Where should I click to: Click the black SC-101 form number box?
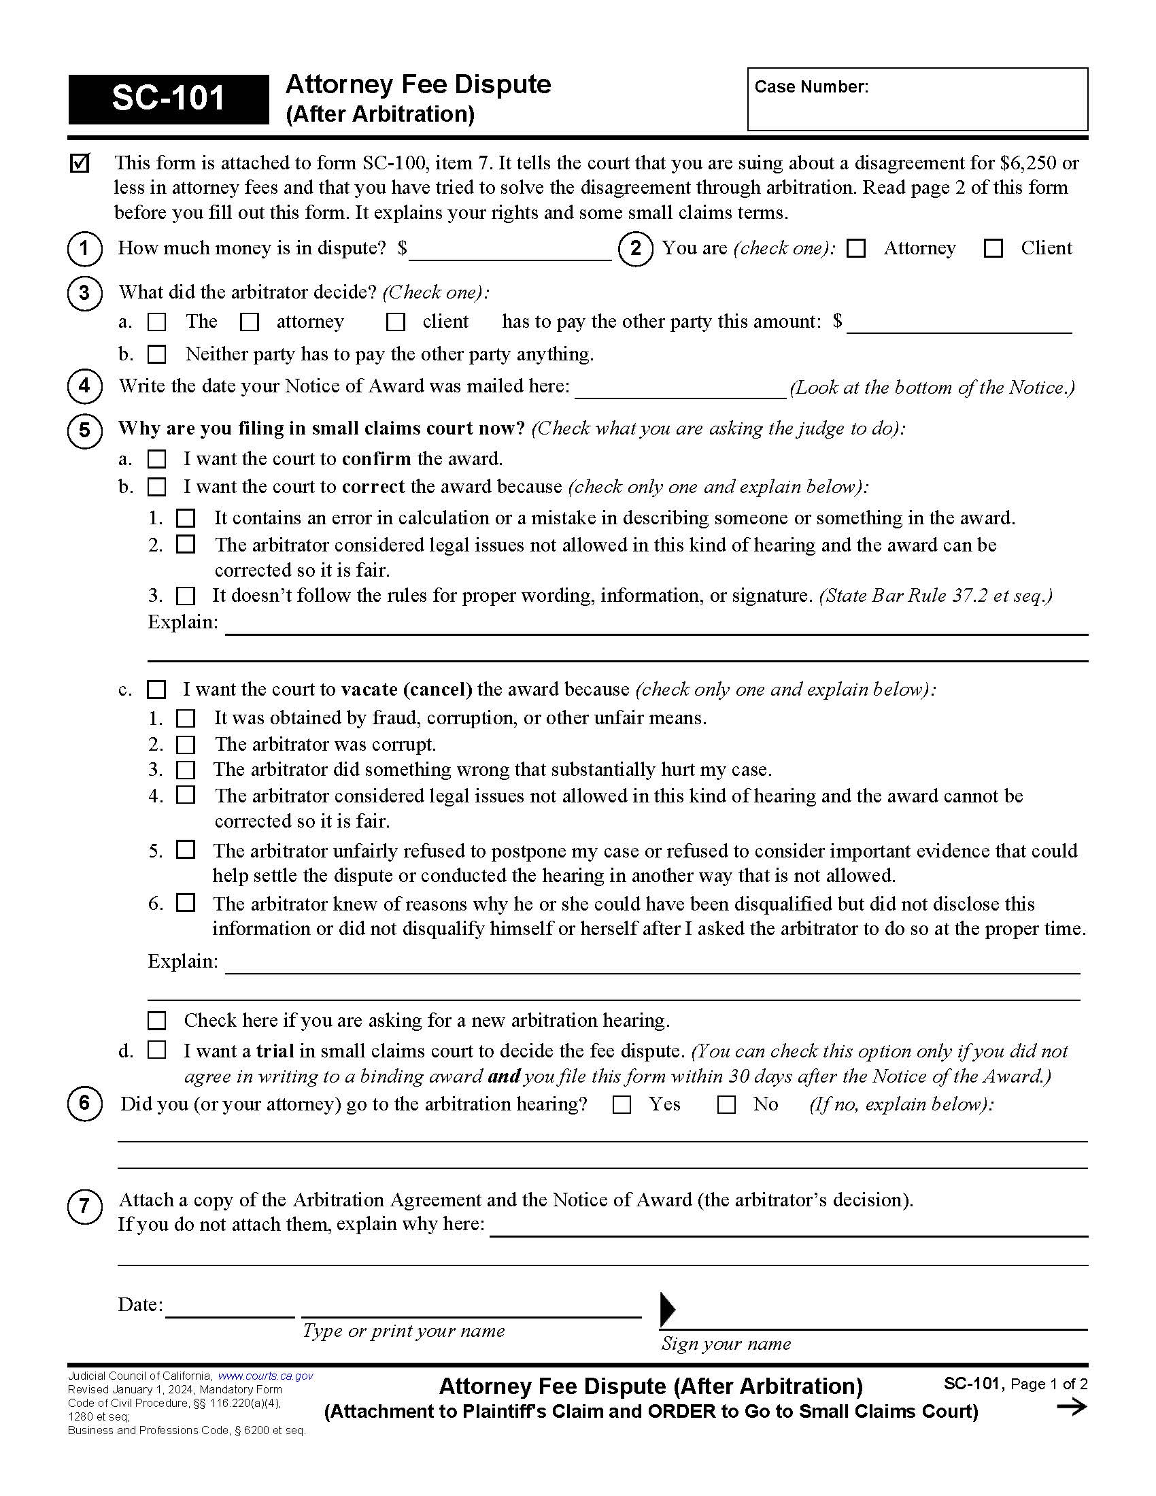click(168, 99)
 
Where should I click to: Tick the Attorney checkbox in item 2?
click(855, 248)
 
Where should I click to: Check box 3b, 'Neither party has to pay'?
click(157, 354)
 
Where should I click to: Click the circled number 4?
click(84, 386)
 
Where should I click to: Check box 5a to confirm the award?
click(157, 458)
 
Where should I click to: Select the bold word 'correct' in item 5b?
click(373, 487)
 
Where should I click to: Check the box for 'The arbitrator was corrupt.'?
click(186, 745)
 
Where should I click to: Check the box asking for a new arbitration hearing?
click(157, 1021)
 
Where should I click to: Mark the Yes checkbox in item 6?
click(622, 1104)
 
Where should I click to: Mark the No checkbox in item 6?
click(726, 1104)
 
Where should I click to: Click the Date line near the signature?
click(229, 1310)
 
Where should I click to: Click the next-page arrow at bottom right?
click(1072, 1407)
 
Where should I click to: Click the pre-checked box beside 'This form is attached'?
click(80, 163)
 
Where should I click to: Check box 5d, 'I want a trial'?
click(157, 1050)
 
